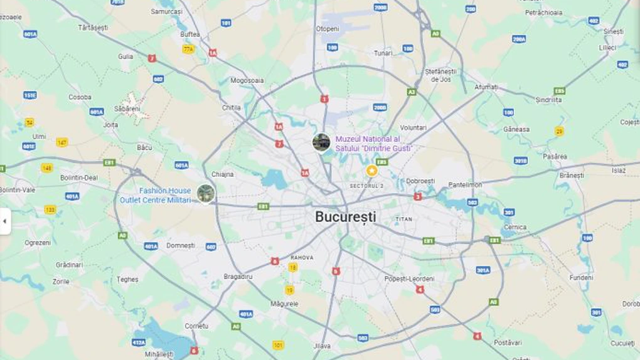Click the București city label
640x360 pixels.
[346, 217]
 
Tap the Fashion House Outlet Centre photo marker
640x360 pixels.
[206, 193]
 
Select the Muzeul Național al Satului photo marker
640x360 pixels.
[321, 142]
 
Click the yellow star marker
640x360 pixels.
[372, 171]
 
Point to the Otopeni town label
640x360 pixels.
[328, 29]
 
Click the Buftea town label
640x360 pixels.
[190, 34]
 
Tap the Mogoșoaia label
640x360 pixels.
[247, 80]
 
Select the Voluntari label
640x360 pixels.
[413, 127]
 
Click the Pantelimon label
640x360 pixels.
[465, 185]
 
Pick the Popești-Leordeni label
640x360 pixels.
[409, 278]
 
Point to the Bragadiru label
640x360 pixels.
[238, 276]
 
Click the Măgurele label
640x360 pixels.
[284, 304]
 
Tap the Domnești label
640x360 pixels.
[181, 245]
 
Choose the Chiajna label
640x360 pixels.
[223, 174]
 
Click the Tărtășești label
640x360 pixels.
[93, 28]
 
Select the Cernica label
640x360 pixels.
[515, 227]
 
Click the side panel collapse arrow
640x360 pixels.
[5, 221]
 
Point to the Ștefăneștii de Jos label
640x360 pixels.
[438, 75]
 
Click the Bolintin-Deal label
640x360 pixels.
[79, 177]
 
